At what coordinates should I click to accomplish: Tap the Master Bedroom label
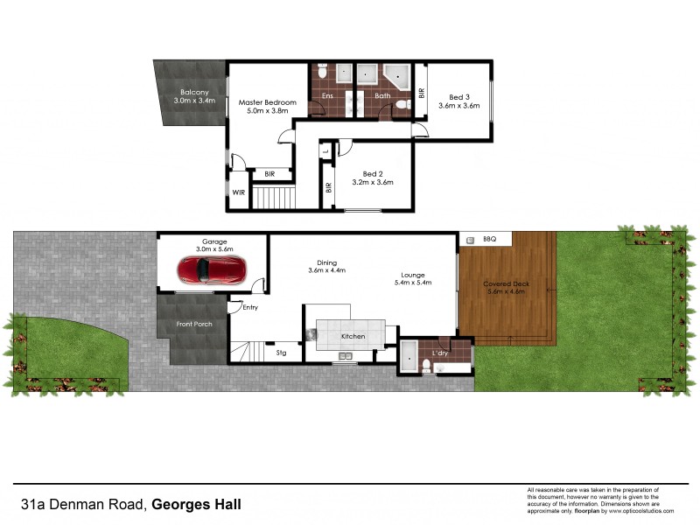point(268,102)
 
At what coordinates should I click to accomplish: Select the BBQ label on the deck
point(490,239)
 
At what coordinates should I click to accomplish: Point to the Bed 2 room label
point(373,173)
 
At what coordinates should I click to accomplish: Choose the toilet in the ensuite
point(322,73)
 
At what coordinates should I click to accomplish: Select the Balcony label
point(193,92)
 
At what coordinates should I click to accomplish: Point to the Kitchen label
point(353,336)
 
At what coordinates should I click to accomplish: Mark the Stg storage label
point(281,353)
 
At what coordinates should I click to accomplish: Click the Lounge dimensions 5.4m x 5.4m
point(415,283)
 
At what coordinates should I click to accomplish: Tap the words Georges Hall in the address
point(197,504)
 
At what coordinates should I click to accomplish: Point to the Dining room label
point(327,261)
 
